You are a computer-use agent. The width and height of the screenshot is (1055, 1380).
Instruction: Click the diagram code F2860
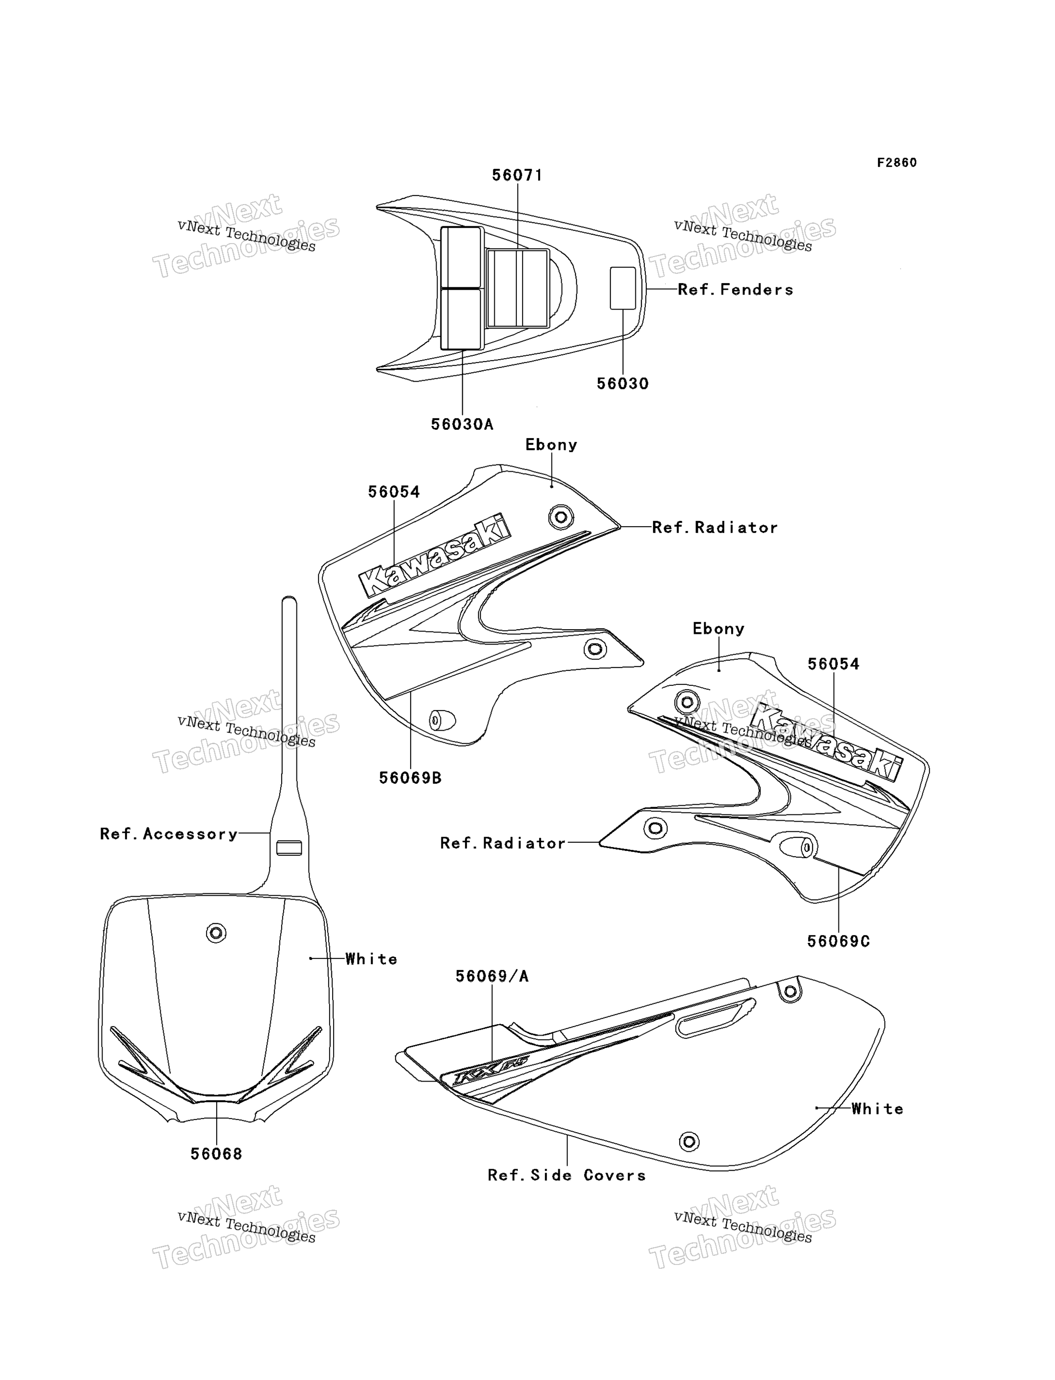click(897, 163)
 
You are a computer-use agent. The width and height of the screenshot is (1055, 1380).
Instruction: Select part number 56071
click(517, 175)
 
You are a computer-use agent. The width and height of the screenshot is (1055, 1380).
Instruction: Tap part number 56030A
click(462, 425)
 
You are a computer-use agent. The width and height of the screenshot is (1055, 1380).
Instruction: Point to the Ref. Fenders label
click(735, 290)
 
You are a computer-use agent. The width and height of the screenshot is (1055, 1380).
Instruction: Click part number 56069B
click(410, 778)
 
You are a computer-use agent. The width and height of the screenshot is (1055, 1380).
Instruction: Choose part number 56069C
click(838, 941)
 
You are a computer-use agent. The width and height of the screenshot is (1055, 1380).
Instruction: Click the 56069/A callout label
click(492, 976)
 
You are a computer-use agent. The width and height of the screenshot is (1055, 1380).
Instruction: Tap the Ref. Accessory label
click(169, 834)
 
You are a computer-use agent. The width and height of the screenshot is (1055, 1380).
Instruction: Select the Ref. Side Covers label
click(566, 1175)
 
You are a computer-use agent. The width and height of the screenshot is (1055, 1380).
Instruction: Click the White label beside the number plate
click(371, 959)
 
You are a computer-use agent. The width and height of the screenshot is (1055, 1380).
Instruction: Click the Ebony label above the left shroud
click(552, 445)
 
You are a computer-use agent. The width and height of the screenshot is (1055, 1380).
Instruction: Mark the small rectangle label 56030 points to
click(623, 288)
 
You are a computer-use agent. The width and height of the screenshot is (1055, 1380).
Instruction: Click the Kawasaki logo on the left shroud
click(435, 555)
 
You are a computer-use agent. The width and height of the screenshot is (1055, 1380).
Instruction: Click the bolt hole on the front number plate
click(216, 933)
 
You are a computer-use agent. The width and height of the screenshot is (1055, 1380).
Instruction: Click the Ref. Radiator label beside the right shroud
click(502, 843)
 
